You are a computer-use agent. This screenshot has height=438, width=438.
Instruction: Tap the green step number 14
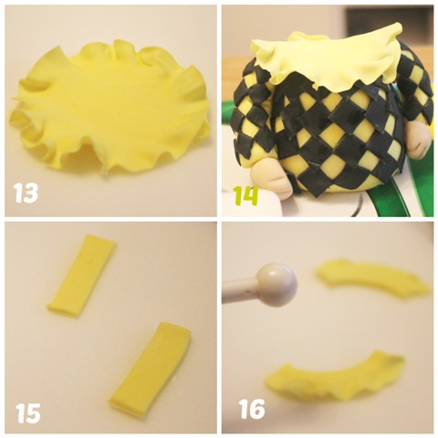tap(245, 195)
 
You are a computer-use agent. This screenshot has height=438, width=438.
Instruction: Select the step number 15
tap(27, 412)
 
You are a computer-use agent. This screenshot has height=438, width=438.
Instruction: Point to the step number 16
tap(251, 409)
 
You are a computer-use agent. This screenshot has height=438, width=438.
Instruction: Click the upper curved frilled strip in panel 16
tap(372, 279)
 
